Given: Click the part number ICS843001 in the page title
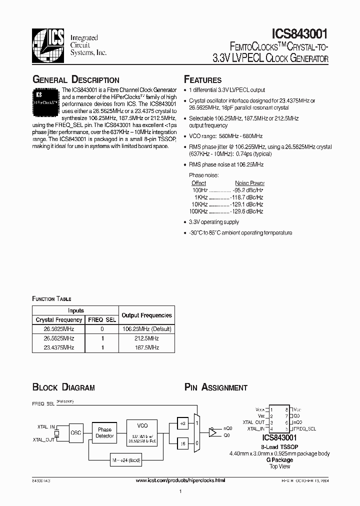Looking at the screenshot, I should click(299, 34).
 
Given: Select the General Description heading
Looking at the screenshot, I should click(75, 80).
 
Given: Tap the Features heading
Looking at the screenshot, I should click(202, 80).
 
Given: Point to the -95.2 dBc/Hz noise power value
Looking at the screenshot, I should click(248, 190).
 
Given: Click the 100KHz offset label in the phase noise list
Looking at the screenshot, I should click(198, 211).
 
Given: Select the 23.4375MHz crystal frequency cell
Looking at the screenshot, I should click(58, 347).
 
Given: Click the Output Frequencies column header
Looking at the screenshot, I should click(146, 315).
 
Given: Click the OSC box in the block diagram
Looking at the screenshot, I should click(75, 433).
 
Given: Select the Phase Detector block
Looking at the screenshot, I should click(104, 433).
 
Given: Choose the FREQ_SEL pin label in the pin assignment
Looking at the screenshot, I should click(304, 428).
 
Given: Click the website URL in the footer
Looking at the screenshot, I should click(180, 480).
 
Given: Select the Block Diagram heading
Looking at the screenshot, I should click(63, 387).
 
